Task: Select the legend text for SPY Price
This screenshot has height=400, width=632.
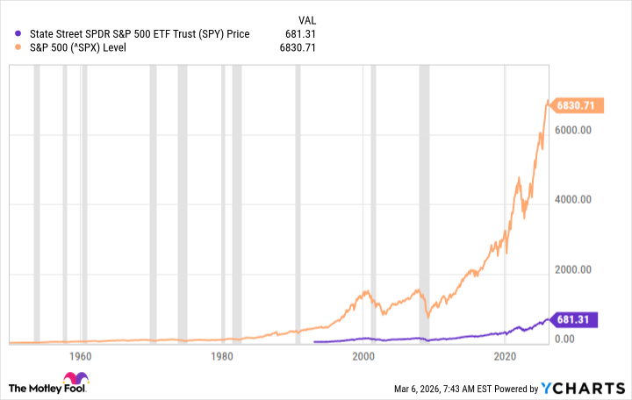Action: tap(140, 34)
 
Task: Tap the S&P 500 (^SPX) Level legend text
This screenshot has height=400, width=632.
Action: tap(78, 47)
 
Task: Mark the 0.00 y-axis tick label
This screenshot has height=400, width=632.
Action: tap(565, 339)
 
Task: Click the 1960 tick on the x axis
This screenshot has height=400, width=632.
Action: tap(81, 356)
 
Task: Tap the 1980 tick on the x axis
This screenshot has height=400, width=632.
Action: tap(222, 356)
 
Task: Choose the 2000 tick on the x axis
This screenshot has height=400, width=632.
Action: tap(363, 356)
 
